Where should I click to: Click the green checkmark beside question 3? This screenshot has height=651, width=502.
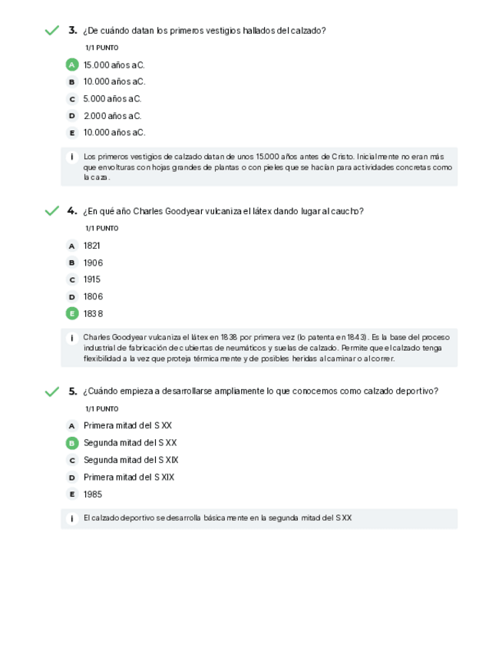coord(51,31)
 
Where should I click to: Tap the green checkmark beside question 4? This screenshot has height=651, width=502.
coord(51,211)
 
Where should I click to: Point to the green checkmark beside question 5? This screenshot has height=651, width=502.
coord(51,392)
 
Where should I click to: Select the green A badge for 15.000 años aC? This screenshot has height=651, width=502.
coord(72,64)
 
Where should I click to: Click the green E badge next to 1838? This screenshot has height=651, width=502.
coord(72,313)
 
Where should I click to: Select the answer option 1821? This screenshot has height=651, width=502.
coord(92,246)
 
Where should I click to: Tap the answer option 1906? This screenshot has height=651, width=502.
coord(93,263)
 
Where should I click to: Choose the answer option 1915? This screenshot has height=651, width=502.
coord(92,279)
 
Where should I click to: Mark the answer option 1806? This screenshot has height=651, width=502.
coord(93,296)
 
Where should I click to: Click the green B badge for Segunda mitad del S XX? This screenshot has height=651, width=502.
coord(72,443)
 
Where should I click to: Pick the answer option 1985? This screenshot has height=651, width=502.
coord(93,494)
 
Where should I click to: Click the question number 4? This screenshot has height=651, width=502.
coord(72,211)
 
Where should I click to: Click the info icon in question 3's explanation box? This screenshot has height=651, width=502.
coord(71,157)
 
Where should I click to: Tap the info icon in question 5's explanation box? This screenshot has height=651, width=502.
coord(71,518)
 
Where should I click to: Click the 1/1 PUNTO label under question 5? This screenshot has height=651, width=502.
coord(101,408)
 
